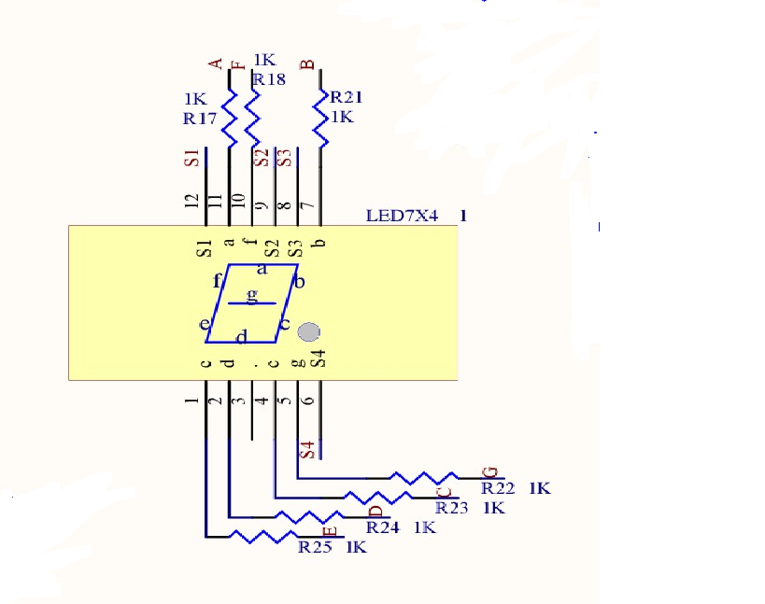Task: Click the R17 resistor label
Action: coord(200,119)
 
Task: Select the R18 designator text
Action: coord(269,79)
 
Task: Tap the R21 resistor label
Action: coord(347,97)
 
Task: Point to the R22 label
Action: coord(498,488)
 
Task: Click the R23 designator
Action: coord(452,508)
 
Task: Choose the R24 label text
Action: coord(383,527)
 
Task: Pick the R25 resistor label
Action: coord(315,547)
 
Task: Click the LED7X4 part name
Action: coord(402,216)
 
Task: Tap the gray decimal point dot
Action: coord(308,332)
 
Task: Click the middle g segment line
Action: coord(252,303)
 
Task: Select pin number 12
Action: coord(191,201)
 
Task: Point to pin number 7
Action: coord(308,205)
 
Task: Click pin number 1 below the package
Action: coord(191,400)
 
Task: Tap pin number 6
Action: coord(307,400)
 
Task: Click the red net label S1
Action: coord(191,158)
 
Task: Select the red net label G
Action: coord(489,472)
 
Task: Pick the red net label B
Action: coord(307,64)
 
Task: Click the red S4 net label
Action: coord(307,450)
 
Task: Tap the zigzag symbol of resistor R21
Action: coord(320,118)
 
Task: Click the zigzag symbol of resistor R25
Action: coord(263,536)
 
